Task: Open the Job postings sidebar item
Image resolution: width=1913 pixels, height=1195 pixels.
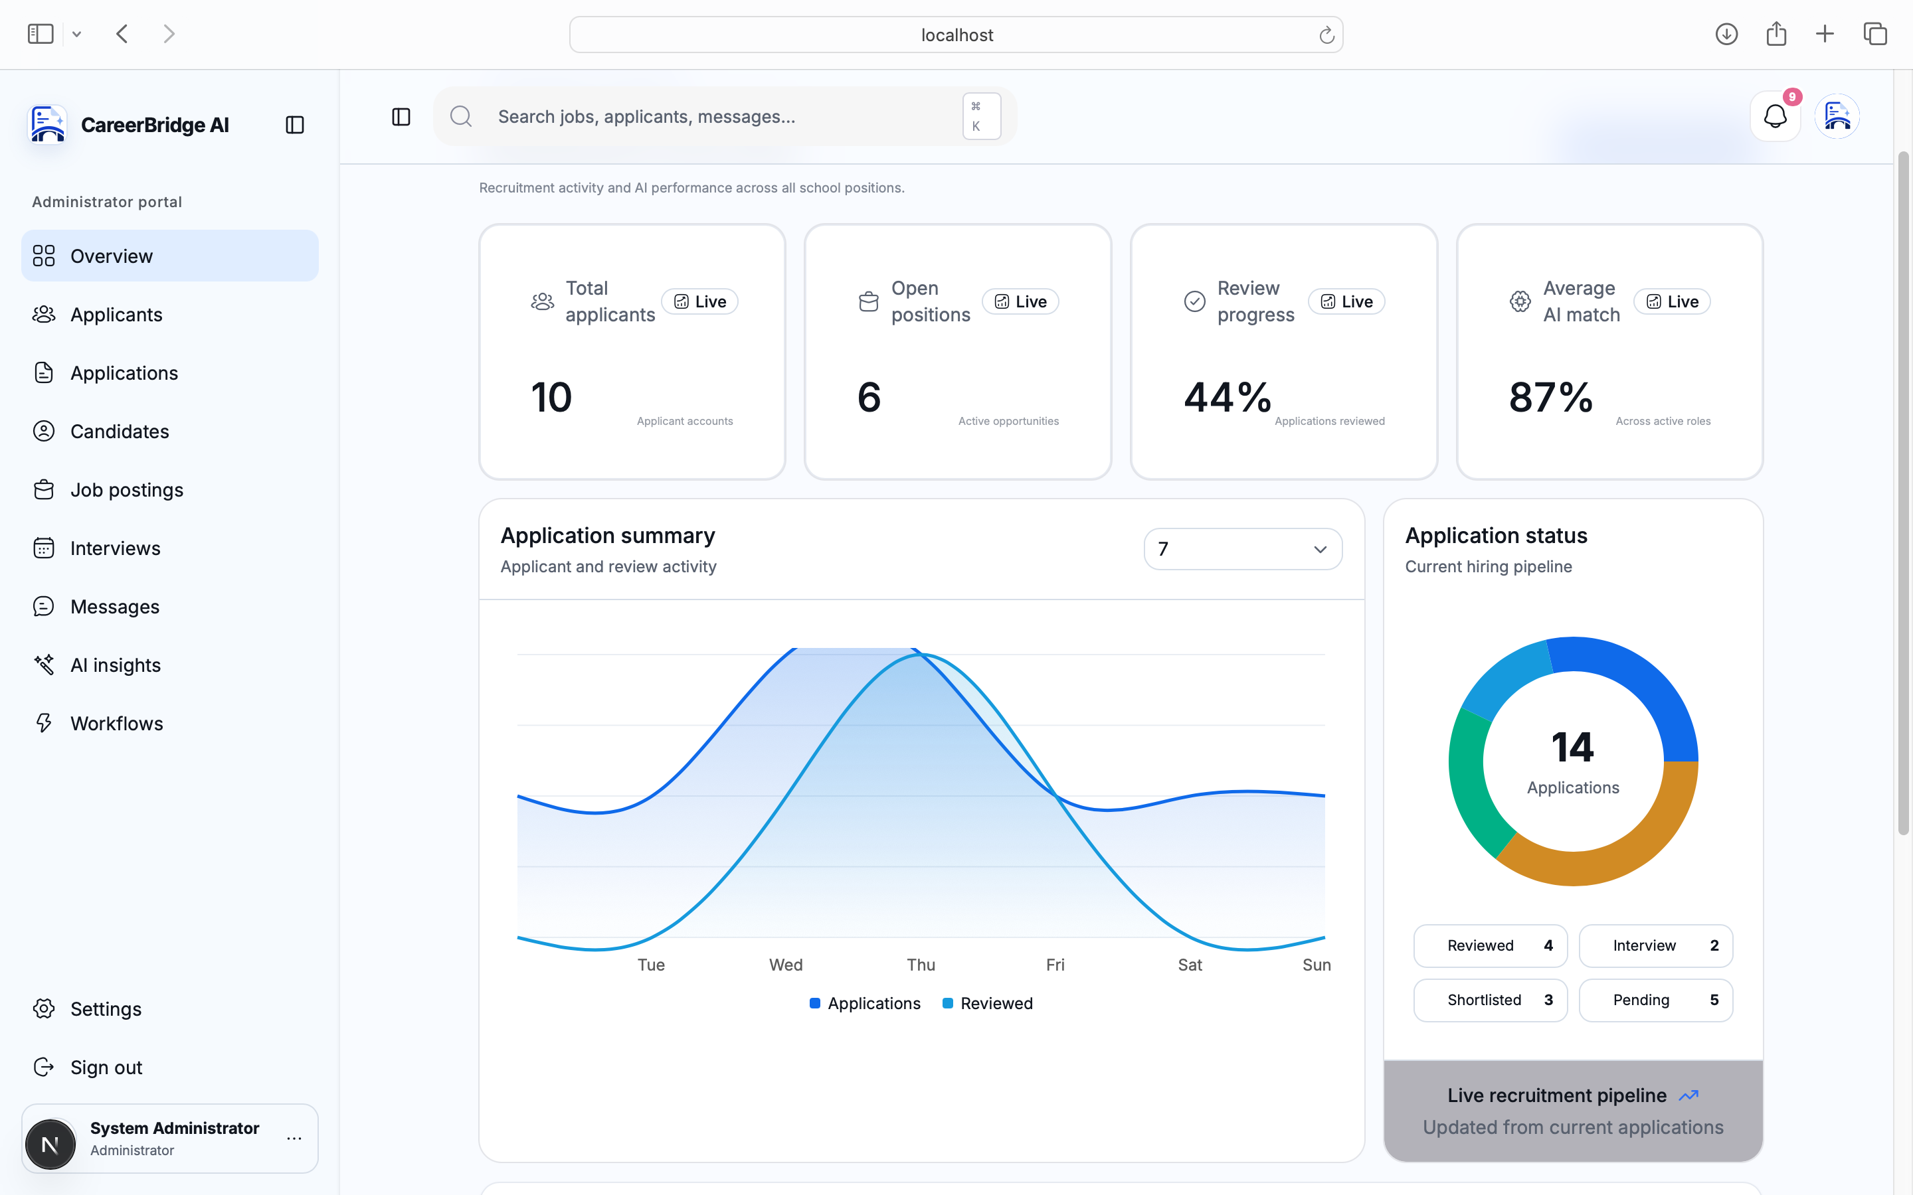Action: (x=126, y=490)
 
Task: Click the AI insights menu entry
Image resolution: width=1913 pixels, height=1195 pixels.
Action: (x=116, y=665)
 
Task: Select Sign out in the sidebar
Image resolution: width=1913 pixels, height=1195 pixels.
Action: (x=106, y=1068)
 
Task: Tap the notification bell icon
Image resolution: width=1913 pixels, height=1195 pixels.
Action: (x=1775, y=117)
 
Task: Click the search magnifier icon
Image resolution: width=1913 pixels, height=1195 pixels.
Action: (x=461, y=117)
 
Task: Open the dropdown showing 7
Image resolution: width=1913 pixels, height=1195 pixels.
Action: (x=1243, y=549)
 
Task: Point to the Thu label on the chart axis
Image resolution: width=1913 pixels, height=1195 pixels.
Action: (x=921, y=965)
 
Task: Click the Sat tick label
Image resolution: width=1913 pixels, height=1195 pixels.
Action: (x=1190, y=965)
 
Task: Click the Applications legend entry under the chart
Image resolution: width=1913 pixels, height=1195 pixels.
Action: (x=865, y=1004)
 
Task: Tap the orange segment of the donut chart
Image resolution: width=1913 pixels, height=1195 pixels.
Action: (x=1621, y=854)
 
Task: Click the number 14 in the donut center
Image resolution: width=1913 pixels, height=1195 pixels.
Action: (x=1573, y=748)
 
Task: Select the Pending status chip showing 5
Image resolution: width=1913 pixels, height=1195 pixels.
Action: (x=1655, y=1000)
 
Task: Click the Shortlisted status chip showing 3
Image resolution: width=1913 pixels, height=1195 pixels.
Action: (x=1490, y=1000)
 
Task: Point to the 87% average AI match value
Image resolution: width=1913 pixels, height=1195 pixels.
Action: (x=1551, y=397)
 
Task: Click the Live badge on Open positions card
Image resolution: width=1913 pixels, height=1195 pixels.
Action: (x=1020, y=302)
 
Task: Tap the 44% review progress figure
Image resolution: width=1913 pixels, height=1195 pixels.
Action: (x=1228, y=397)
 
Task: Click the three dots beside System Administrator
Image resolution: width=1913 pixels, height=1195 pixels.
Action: (x=294, y=1139)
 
